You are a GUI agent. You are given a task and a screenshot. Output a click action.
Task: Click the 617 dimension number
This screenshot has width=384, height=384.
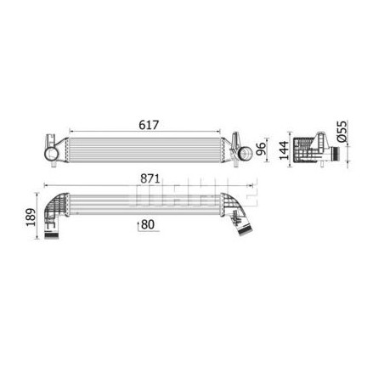coord(149,125)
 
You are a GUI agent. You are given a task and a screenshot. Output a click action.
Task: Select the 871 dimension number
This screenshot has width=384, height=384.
coord(150,178)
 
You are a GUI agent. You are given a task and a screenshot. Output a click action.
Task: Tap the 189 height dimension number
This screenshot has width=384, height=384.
coord(31,217)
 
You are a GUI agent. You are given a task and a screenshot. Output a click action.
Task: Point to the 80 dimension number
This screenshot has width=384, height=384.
coord(148,224)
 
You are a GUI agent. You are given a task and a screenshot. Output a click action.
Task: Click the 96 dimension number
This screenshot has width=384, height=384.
coord(261,149)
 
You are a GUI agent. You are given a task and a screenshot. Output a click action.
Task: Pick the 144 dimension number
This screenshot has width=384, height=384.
coord(284,150)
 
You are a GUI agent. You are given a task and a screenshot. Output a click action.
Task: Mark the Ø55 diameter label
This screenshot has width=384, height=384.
coord(342,131)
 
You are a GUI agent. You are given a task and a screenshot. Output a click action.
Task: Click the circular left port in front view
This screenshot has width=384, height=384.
coord(51,154)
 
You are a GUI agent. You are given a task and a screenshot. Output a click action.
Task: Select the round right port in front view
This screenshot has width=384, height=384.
coord(245,153)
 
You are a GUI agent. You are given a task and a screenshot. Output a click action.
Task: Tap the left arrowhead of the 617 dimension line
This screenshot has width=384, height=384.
coord(71,132)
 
